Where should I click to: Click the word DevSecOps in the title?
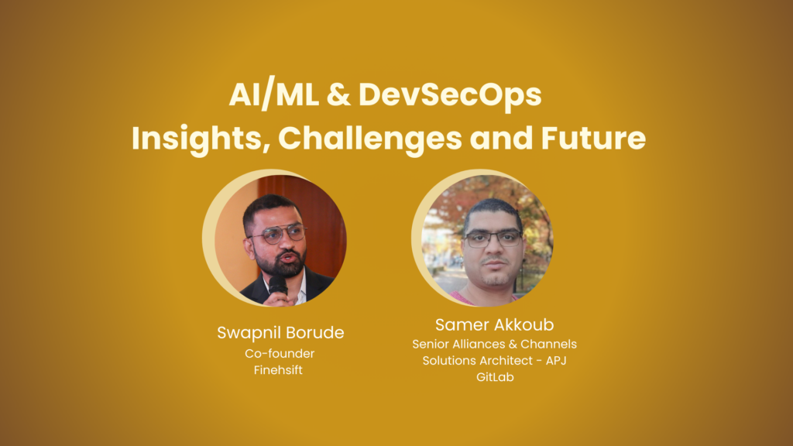pos(450,95)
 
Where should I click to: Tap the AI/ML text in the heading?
pos(273,94)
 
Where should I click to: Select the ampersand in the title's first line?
pos(338,94)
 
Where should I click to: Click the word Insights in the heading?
pos(201,139)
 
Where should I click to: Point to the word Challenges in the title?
pos(369,139)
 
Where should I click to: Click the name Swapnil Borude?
pos(280,333)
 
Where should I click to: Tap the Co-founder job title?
pos(280,353)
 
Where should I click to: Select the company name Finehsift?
pos(278,370)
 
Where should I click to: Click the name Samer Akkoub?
pos(494,324)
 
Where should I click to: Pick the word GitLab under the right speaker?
pos(495,377)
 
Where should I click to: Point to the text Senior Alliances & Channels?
pos(494,345)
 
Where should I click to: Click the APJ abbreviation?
pos(556,361)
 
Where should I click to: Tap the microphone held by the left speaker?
pos(278,286)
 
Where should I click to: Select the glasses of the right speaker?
pos(493,238)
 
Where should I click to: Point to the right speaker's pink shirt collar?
pos(465,298)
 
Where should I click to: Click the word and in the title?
pos(501,138)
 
